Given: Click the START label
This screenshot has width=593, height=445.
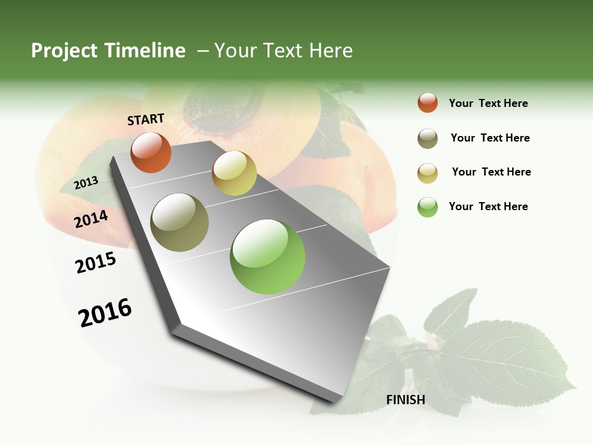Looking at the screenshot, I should [146, 119].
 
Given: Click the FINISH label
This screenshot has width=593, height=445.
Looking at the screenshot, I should [405, 400].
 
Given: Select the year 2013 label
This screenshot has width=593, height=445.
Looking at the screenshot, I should [86, 182].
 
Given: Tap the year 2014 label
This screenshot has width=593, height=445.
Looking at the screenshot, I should [91, 219].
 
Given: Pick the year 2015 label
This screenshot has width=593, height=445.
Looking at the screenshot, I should [96, 262].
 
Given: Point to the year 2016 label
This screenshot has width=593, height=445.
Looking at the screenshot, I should [105, 312].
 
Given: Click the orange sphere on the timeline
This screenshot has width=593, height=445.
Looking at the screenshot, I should [151, 153].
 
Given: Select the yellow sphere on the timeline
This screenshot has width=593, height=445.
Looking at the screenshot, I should [234, 173].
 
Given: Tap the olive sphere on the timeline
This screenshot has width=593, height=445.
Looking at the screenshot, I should [180, 222].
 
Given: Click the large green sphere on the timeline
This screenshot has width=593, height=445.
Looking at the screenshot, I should [267, 256].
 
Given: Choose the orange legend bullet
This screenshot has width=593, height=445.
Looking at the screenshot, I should [427, 103].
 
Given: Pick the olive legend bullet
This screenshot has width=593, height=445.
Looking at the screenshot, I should [427, 138].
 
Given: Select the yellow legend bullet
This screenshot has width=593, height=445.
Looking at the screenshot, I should [427, 173].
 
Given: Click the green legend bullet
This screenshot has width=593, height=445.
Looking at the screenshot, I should [427, 207].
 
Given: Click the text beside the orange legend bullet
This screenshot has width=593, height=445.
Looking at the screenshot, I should [488, 103].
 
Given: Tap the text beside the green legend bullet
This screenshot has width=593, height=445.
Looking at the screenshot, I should [488, 206].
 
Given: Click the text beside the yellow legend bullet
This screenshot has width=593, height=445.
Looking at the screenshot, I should [491, 172].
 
